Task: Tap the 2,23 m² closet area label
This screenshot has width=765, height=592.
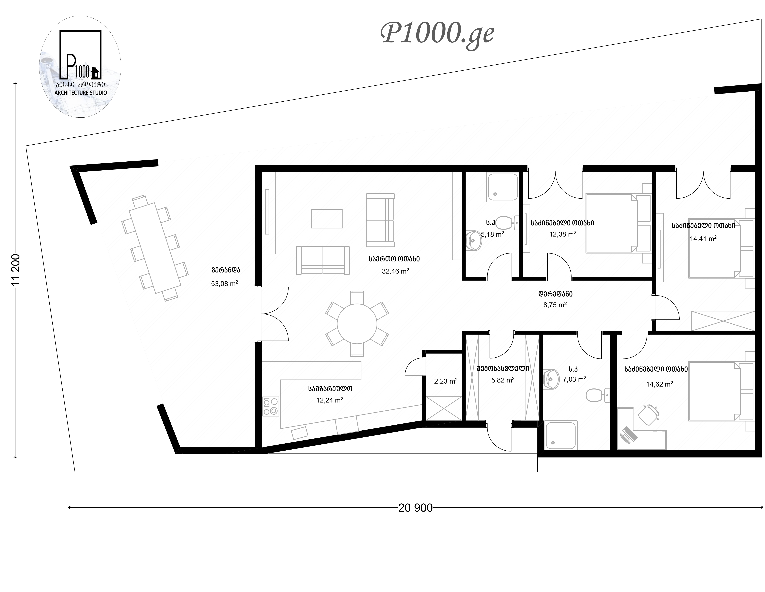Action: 446,381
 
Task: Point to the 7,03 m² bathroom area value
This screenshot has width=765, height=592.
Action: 574,379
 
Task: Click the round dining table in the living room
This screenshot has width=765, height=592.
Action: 357,324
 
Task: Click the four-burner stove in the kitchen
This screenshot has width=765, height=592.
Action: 271,406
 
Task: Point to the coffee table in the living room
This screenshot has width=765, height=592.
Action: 327,219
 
